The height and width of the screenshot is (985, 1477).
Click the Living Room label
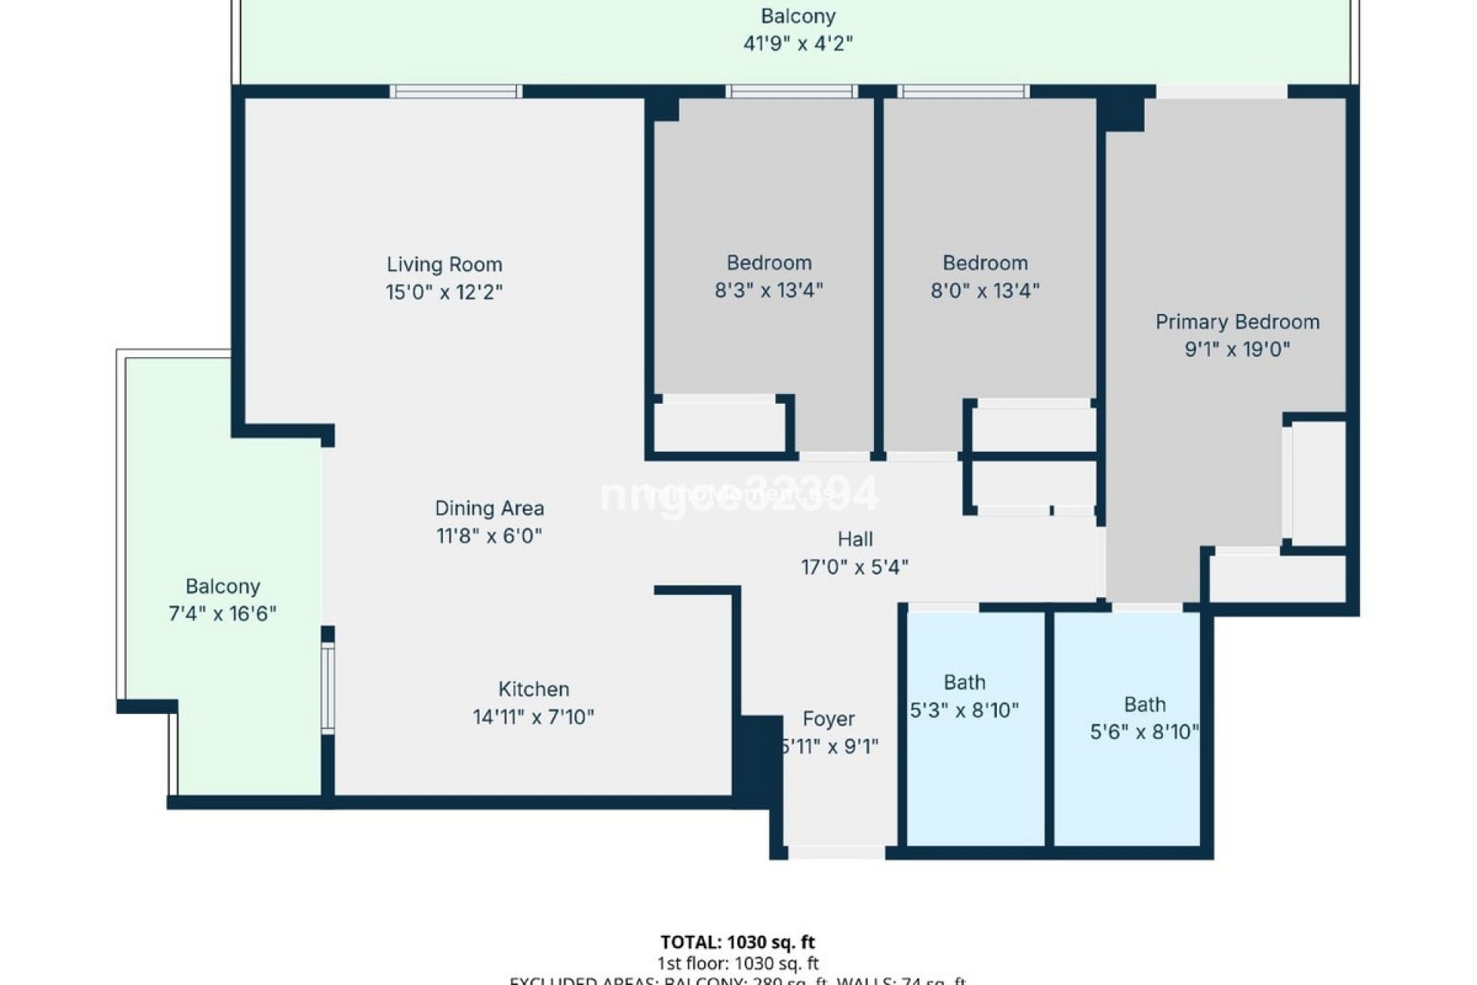tap(444, 265)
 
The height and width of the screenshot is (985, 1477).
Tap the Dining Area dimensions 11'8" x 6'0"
tap(489, 536)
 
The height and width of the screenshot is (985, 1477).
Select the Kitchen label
tap(533, 689)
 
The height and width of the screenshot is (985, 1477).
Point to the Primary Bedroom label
tap(1237, 322)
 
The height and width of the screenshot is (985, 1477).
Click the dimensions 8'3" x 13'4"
tap(769, 291)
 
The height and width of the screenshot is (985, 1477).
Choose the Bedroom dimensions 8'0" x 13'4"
tap(985, 291)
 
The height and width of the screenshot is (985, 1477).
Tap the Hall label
tap(855, 539)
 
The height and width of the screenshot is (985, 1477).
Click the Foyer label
tap(828, 719)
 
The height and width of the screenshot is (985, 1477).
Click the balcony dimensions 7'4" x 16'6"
tap(222, 614)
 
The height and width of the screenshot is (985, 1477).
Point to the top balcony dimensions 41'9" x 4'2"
tap(798, 44)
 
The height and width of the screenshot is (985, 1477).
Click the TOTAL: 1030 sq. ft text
tap(737, 942)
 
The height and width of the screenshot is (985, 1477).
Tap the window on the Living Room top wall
tap(455, 92)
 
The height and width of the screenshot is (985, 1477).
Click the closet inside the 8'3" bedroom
tap(719, 424)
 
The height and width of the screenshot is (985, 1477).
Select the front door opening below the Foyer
tap(836, 852)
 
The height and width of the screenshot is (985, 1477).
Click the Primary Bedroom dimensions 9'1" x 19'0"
tap(1237, 349)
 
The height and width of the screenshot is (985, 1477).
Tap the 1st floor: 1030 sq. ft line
tap(737, 963)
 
